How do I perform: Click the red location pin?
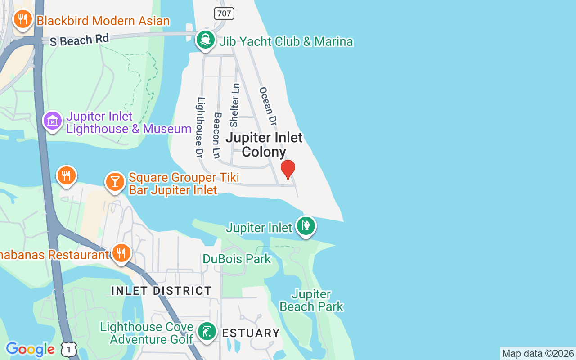pos(288,169)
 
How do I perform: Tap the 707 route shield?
pos(224,13)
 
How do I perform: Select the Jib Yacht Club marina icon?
pos(206,40)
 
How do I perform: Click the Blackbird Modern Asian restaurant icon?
pos(22,19)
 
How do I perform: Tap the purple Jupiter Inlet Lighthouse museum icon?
pos(53,121)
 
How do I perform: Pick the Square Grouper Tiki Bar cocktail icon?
pos(115,182)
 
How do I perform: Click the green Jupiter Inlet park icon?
pos(306,225)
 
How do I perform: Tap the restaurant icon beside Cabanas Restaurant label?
pos(121,253)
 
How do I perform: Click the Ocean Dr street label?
pos(268,106)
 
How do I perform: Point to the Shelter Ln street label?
pos(234,105)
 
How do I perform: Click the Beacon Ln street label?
pos(217,135)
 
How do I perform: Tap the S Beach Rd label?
pos(79,40)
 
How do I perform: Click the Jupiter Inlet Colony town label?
pos(264,144)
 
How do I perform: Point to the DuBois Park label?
pos(237,259)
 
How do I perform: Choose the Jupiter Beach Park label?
pos(311,301)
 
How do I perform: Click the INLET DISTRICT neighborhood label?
pos(162,291)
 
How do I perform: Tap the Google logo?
pos(30,349)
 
